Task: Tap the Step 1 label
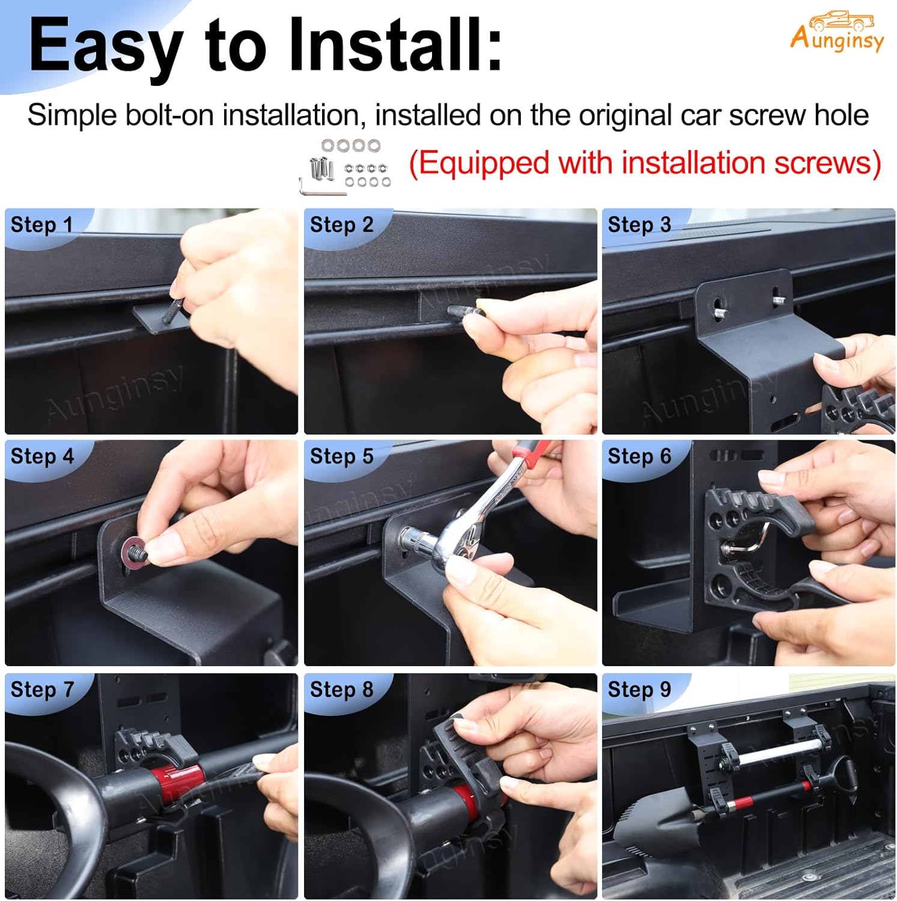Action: (x=41, y=225)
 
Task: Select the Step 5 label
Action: (x=341, y=456)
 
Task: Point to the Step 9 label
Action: (x=639, y=689)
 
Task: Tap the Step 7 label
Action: (x=41, y=689)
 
